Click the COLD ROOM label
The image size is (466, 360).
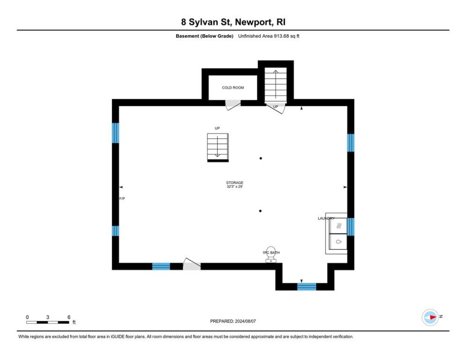point(233,88)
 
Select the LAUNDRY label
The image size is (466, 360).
point(326,218)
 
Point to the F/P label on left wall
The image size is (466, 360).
point(122,199)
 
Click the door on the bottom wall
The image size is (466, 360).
point(191,265)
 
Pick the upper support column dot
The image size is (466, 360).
point(261,158)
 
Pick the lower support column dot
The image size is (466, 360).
point(260,211)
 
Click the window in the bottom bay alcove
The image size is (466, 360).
point(307,286)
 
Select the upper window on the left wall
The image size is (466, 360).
point(115,133)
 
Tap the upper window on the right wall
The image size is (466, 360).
point(350,143)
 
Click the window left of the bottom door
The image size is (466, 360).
point(161,266)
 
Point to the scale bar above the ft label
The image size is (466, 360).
point(48,322)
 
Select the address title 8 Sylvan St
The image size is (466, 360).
point(233,22)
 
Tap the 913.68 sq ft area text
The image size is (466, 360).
point(268,36)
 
